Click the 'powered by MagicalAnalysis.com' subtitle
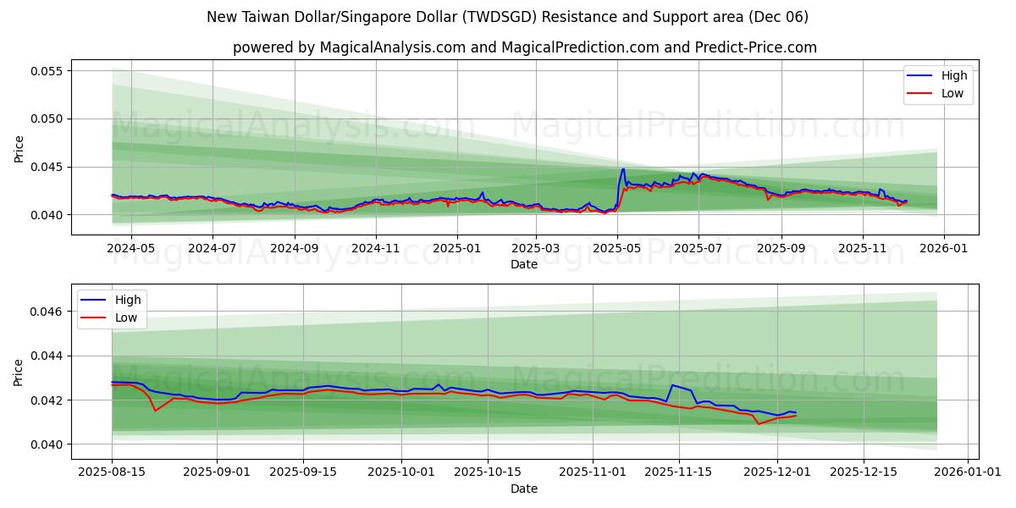525,47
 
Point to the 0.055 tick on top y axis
48,70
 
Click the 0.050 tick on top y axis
48,119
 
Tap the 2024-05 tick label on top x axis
132,249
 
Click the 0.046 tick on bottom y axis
48,312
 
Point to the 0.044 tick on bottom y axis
48,356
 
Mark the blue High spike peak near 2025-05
623,168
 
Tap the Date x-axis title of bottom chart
524,489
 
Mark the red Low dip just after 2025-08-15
155,411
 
